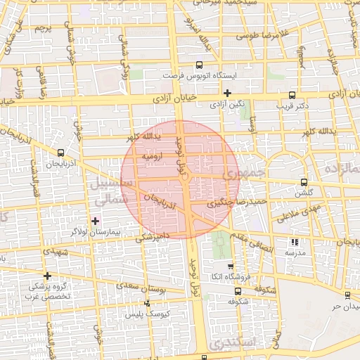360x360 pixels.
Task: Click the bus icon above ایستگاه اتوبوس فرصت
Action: [x=200, y=64]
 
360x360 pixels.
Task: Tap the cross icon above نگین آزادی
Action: [x=227, y=93]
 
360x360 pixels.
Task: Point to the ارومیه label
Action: [x=153, y=155]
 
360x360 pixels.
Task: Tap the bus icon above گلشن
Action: [x=304, y=181]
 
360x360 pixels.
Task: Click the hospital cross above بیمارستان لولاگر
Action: [x=96, y=221]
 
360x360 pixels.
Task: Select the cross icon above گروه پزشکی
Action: [x=47, y=276]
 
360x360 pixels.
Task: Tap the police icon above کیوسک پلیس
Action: [x=147, y=303]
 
